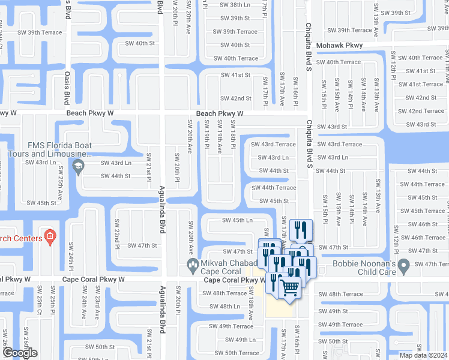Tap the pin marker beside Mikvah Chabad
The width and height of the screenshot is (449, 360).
coord(193,265)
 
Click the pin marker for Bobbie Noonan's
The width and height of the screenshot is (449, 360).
coord(403,265)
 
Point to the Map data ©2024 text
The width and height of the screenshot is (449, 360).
coord(424,355)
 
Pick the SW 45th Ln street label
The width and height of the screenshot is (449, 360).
coord(237,220)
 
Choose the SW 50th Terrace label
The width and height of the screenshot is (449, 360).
coord(234,353)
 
